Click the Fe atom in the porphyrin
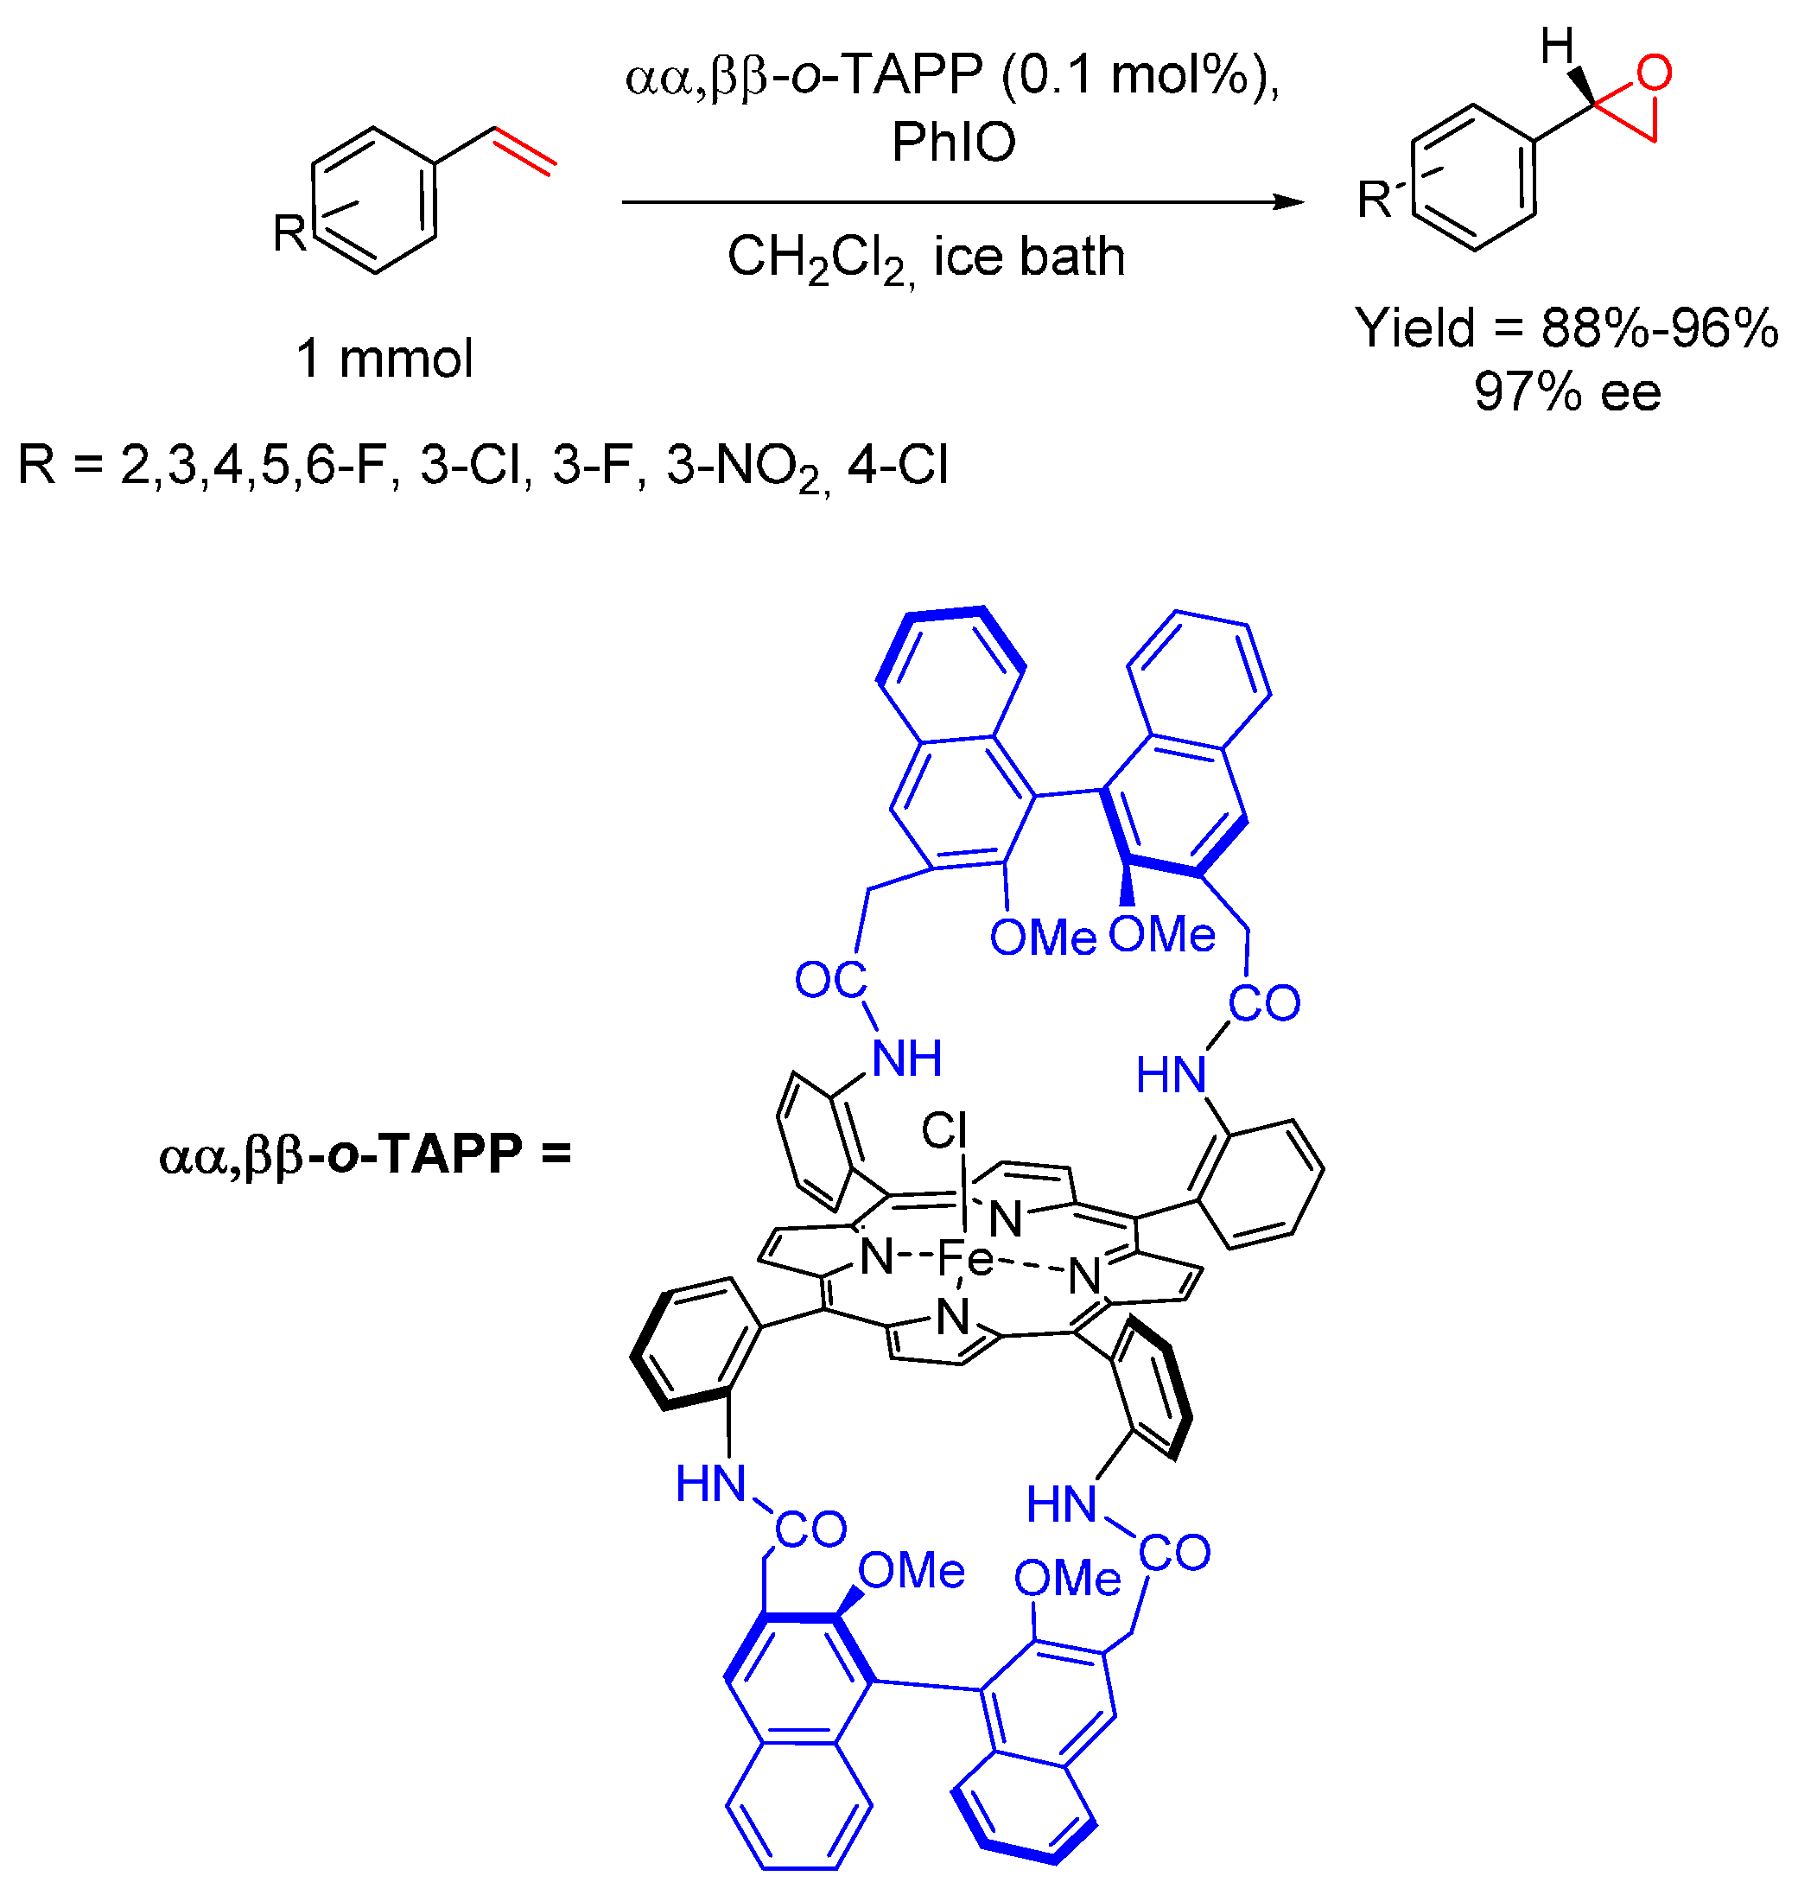click(x=965, y=1257)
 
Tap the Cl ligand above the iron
click(x=943, y=1131)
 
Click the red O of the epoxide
click(x=1655, y=73)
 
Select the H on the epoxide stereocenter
click(x=1558, y=45)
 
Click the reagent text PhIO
click(x=953, y=142)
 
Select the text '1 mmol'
click(x=384, y=359)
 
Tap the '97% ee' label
click(x=1567, y=391)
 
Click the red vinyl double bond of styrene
click(x=524, y=151)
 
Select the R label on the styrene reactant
click(x=289, y=232)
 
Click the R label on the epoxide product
click(x=1375, y=200)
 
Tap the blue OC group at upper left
click(x=830, y=980)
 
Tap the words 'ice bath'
click(x=1029, y=257)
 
